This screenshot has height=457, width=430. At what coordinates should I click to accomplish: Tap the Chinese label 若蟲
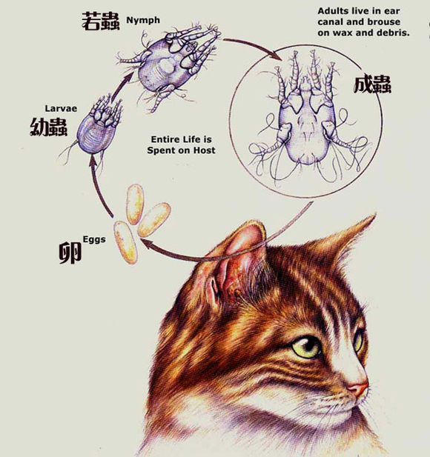point(101,22)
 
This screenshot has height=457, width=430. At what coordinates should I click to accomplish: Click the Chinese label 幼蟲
point(48,127)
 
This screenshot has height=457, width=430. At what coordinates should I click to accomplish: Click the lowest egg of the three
point(127,243)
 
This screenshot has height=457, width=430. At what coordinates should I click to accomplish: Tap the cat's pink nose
point(358,388)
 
